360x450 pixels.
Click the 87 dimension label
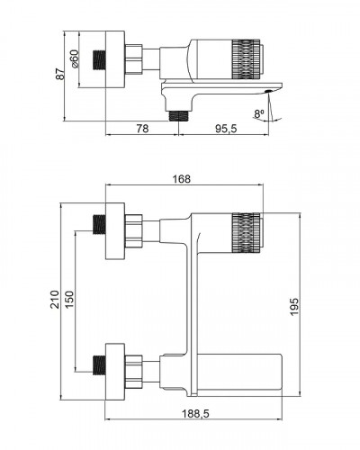pos(60,74)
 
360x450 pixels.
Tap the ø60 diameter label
pos(75,58)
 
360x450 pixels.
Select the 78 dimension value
pos(142,129)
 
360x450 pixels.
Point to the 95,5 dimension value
pos(226,129)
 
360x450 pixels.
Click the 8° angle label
pos(259,113)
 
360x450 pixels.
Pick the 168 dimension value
pos(182,179)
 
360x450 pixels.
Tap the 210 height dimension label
pos(55,300)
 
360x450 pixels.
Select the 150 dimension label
pos(69,300)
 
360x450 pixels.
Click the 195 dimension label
pos(294,307)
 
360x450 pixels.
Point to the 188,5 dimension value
pos(195,414)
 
